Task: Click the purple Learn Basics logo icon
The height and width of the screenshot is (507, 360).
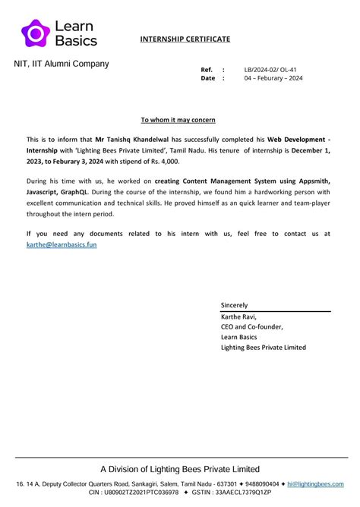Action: tap(35, 33)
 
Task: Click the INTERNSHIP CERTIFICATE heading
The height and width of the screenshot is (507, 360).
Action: tap(185, 39)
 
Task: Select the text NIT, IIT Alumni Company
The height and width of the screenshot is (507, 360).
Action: tap(62, 65)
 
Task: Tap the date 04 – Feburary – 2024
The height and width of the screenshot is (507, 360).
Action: tap(273, 78)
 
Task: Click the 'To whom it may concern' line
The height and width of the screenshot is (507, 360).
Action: tap(178, 120)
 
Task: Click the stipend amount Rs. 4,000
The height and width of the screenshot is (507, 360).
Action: tap(163, 161)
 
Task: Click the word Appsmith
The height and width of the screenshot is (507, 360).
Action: tap(313, 182)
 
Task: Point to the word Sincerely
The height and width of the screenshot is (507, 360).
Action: tap(234, 305)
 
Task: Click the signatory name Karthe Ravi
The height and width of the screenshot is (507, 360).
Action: tap(238, 316)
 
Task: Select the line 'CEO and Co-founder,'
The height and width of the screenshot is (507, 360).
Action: tap(251, 327)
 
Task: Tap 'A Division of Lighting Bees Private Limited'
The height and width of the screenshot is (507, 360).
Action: tap(180, 469)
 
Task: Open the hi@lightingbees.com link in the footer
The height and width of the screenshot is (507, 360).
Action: tap(315, 484)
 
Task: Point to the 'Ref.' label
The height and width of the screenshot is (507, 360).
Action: tap(207, 69)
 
